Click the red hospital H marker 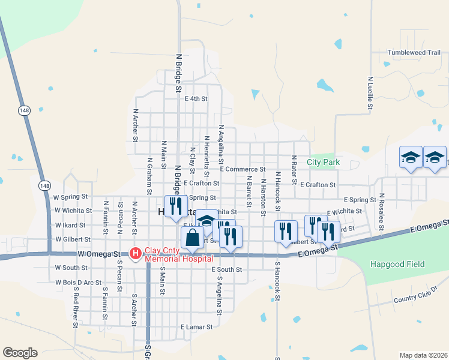[x=135, y=254]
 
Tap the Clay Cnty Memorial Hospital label [x=178, y=254]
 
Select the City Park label [x=323, y=162]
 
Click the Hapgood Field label [x=397, y=264]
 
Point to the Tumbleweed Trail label [x=414, y=53]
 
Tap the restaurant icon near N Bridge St [x=176, y=206]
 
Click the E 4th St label [x=196, y=98]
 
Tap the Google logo [x=20, y=352]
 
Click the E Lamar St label [x=197, y=327]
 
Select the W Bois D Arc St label [x=78, y=282]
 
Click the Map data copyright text [x=423, y=355]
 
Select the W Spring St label [x=70, y=196]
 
